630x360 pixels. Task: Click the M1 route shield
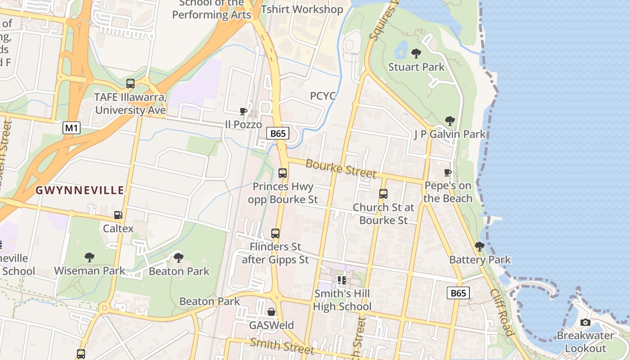click(72, 128)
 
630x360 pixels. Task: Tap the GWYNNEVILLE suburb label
click(80, 190)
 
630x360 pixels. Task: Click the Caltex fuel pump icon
click(118, 216)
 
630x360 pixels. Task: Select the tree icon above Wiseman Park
click(90, 257)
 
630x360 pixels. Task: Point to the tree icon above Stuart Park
click(416, 54)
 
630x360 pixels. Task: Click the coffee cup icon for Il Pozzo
click(243, 111)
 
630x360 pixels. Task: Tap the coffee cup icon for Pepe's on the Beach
click(447, 172)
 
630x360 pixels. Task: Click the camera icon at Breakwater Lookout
click(585, 322)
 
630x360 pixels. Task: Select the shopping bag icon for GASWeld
click(271, 312)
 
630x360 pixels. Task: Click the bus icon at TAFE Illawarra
click(130, 83)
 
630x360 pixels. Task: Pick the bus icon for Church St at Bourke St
click(383, 194)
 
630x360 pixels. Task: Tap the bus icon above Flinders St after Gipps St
click(275, 234)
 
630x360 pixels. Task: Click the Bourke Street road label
click(341, 168)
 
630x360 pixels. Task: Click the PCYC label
click(323, 96)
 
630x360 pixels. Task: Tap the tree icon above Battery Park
click(480, 246)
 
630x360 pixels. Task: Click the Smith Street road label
click(282, 346)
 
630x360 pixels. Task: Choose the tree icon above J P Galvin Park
click(450, 121)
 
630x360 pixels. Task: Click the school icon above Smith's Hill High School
click(342, 280)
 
